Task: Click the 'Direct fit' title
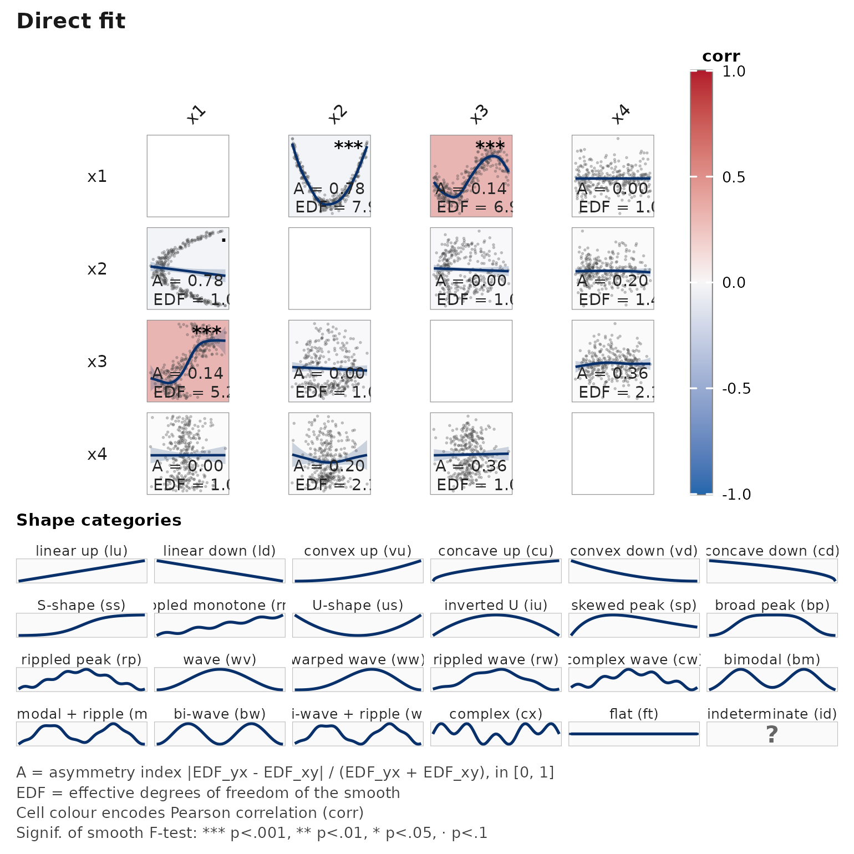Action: (x=71, y=21)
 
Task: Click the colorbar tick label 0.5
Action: (x=733, y=177)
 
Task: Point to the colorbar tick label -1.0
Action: (x=736, y=494)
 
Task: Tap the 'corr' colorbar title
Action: (x=720, y=57)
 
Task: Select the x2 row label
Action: (x=97, y=269)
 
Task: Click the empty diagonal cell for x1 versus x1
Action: (x=188, y=176)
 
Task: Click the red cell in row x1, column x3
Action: (x=471, y=176)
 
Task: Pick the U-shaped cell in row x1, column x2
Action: (x=329, y=176)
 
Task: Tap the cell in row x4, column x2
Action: (x=329, y=454)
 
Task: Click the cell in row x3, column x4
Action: (x=613, y=361)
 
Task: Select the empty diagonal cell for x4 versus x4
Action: (x=613, y=454)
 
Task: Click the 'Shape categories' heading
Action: (x=99, y=520)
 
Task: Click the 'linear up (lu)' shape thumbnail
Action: (x=82, y=571)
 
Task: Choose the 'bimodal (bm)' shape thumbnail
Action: (x=772, y=679)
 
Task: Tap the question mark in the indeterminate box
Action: (x=772, y=734)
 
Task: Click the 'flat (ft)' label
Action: (x=633, y=714)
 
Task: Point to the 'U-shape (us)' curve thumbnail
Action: (x=358, y=625)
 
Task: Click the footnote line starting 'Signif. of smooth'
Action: (x=252, y=833)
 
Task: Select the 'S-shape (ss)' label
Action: (x=82, y=605)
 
